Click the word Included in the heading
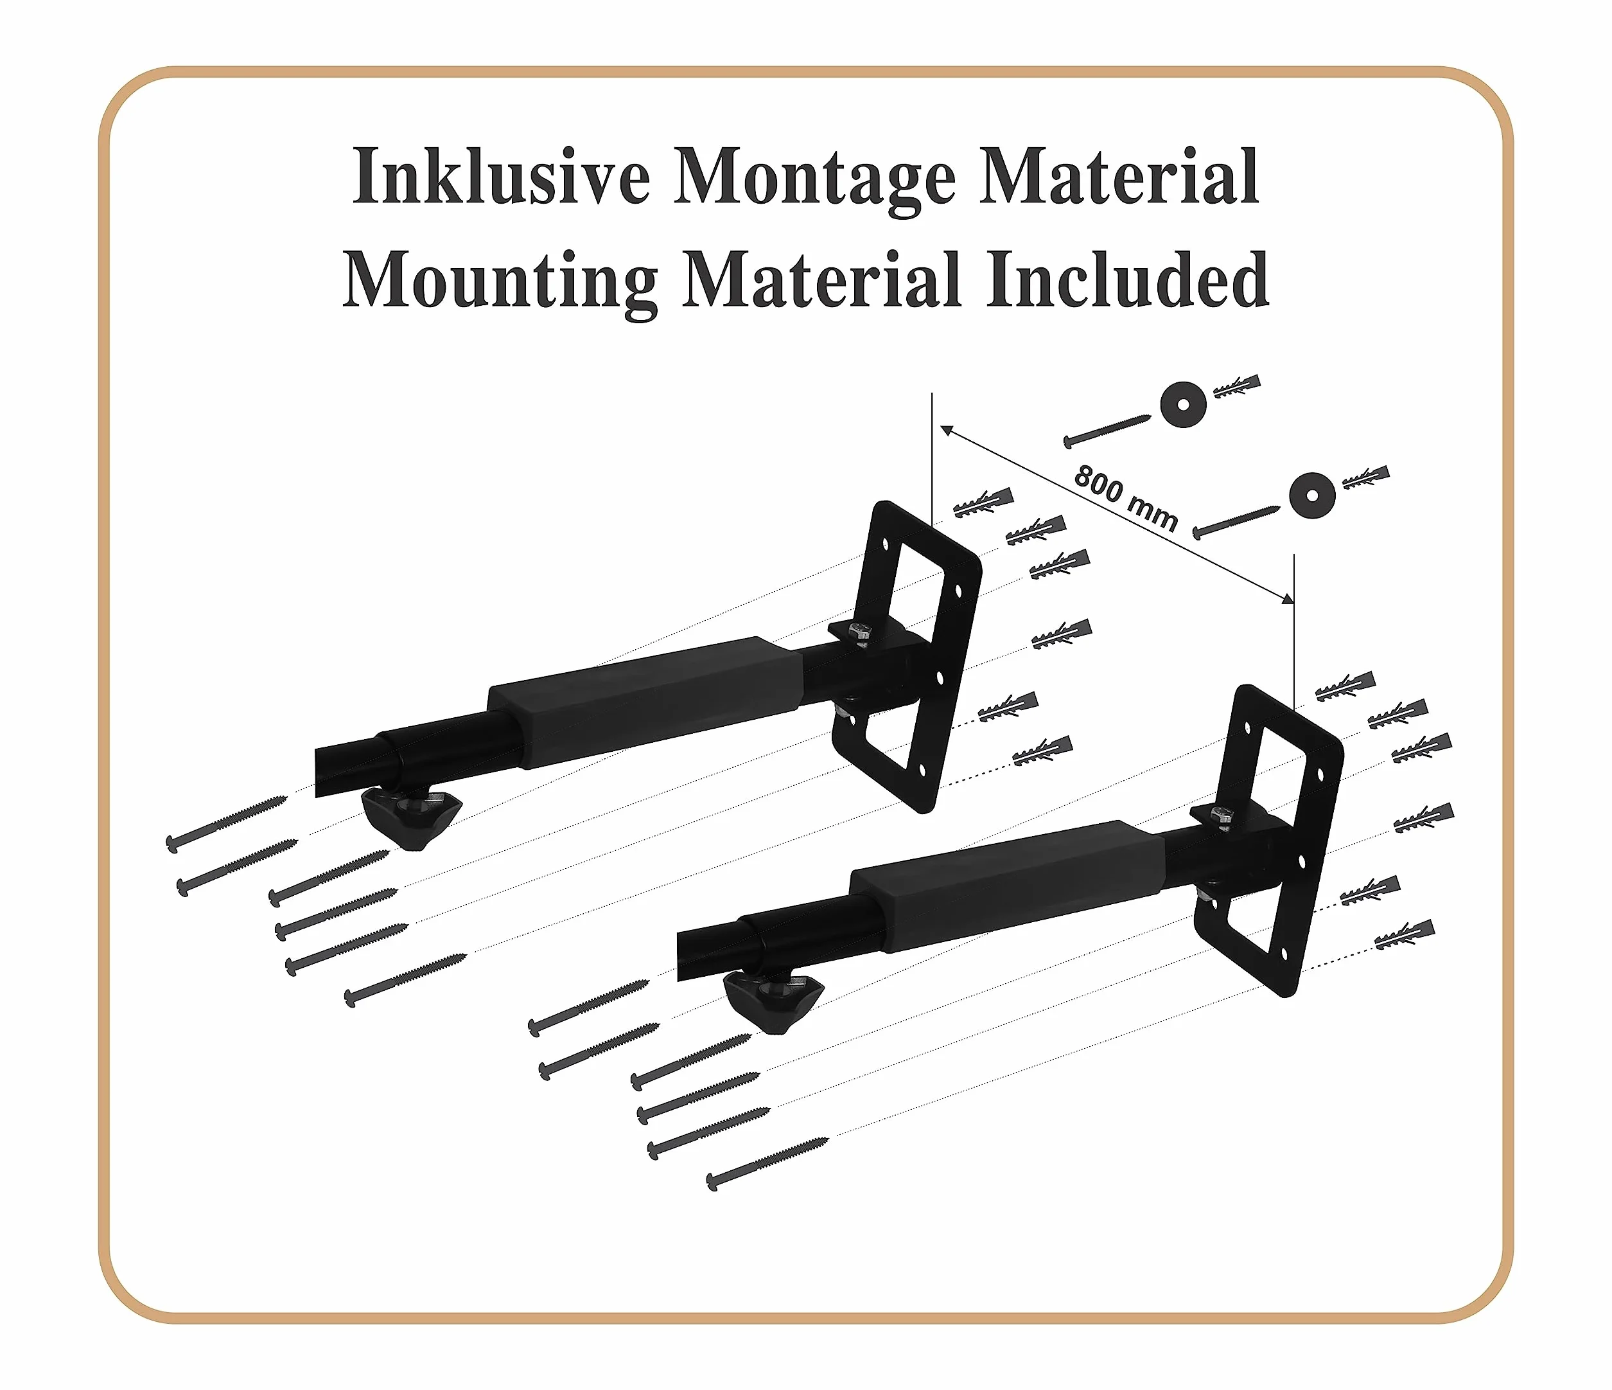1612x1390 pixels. click(1128, 279)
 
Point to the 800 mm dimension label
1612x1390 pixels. click(1126, 498)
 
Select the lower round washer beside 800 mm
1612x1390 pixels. click(1311, 495)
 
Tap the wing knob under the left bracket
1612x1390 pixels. click(412, 818)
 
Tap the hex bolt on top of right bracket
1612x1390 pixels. click(1221, 816)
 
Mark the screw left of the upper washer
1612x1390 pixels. click(1107, 431)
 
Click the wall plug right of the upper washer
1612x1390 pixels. click(1236, 386)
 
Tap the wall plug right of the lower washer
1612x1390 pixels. click(1365, 476)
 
